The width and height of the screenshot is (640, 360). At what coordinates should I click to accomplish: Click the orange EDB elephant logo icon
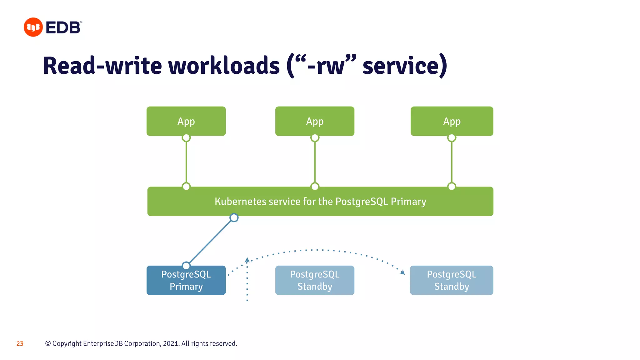pyautogui.click(x=33, y=27)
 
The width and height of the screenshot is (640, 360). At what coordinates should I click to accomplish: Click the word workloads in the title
pyautogui.click(x=224, y=66)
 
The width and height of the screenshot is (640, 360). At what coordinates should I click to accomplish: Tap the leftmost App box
pyautogui.click(x=186, y=121)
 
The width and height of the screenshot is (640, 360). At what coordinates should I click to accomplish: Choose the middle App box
pyautogui.click(x=315, y=121)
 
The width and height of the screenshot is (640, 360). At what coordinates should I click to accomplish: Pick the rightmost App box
pyautogui.click(x=452, y=121)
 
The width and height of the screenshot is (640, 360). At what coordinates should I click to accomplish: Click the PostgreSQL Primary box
pyautogui.click(x=186, y=280)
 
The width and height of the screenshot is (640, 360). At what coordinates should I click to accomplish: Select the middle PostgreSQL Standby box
pyautogui.click(x=315, y=280)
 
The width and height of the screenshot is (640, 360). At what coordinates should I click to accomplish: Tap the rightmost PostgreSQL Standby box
pyautogui.click(x=452, y=280)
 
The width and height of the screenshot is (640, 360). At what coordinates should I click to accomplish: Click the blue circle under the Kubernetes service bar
pyautogui.click(x=234, y=217)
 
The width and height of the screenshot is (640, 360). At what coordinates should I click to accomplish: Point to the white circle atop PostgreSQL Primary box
pyautogui.click(x=186, y=266)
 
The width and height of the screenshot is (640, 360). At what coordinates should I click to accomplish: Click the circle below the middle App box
pyautogui.click(x=315, y=138)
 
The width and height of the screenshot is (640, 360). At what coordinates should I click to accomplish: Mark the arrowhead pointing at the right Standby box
pyautogui.click(x=402, y=272)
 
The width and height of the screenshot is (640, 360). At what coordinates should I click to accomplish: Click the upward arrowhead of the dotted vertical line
pyautogui.click(x=247, y=260)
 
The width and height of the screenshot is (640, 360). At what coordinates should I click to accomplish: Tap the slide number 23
pyautogui.click(x=20, y=344)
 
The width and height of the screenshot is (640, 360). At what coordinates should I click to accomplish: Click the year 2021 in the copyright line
pyautogui.click(x=171, y=344)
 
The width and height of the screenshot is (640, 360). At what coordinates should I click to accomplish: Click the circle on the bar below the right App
pyautogui.click(x=452, y=187)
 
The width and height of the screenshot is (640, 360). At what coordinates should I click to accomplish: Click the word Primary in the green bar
pyautogui.click(x=408, y=202)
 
